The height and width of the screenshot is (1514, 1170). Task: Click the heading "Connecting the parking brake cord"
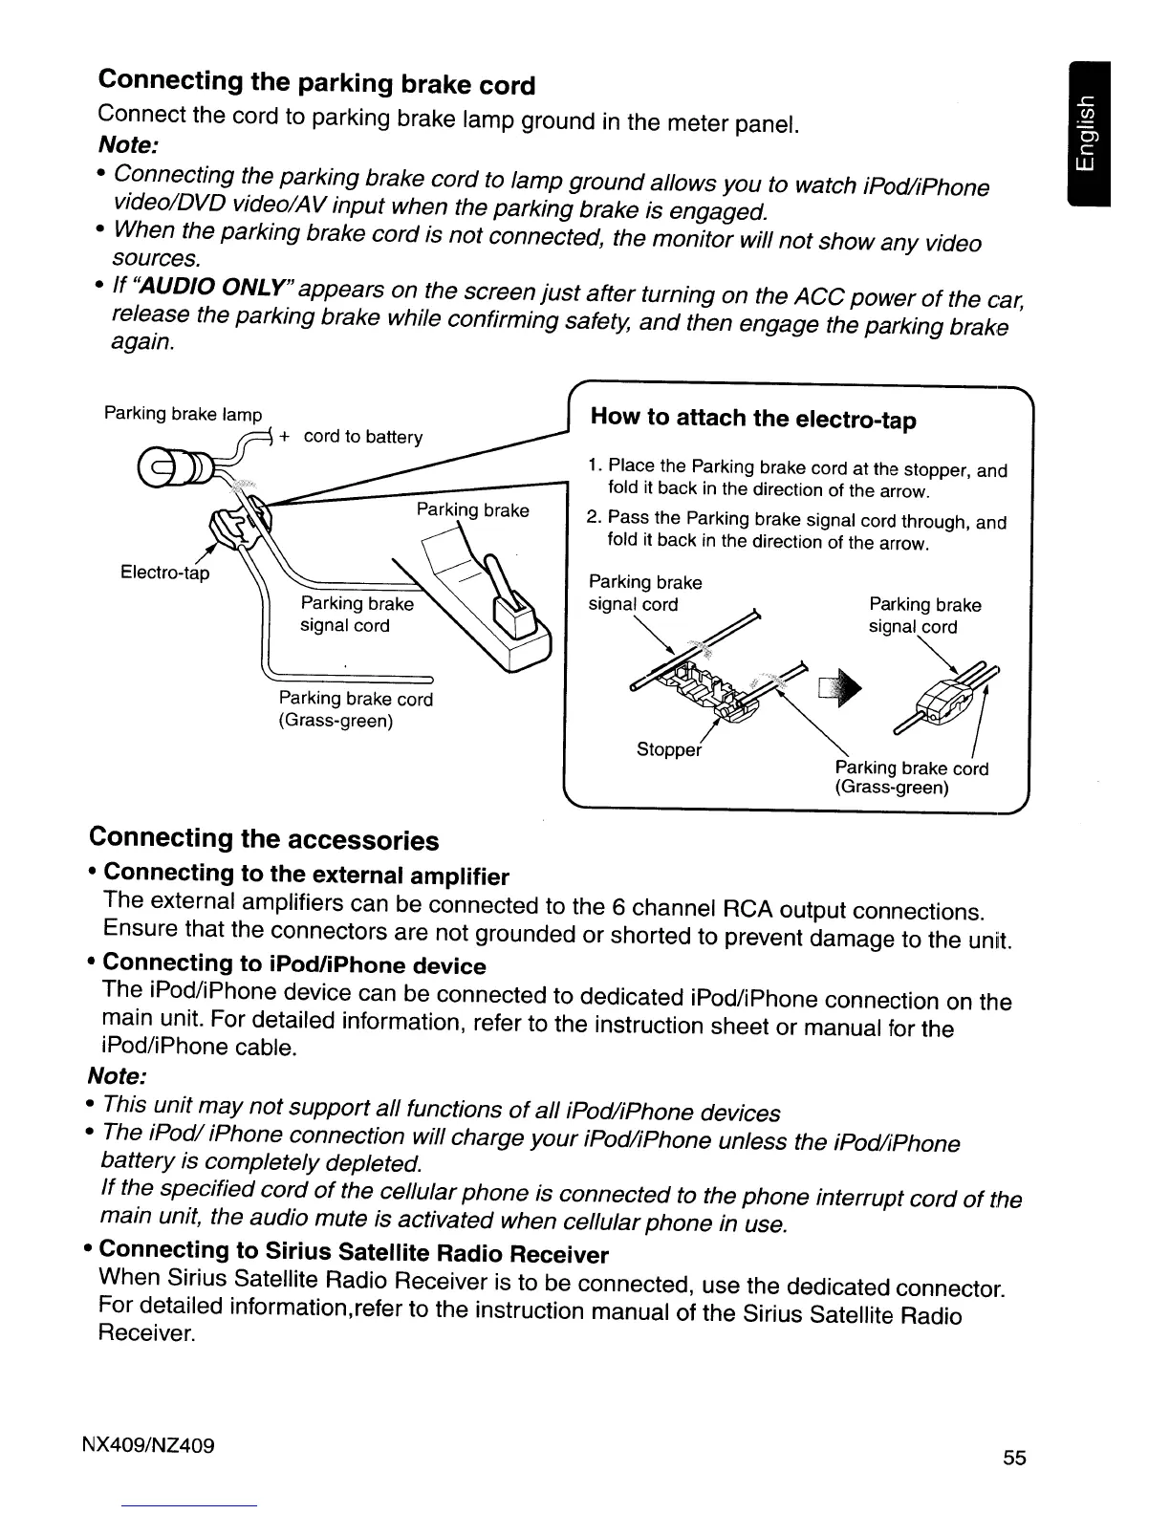(316, 83)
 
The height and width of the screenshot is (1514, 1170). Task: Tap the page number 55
(1014, 1458)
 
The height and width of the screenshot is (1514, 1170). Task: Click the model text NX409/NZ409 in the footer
(157, 1443)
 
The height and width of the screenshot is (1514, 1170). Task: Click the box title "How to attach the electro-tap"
(753, 419)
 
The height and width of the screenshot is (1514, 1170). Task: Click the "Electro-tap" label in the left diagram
(164, 573)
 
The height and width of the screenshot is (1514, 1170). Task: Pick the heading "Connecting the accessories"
(264, 839)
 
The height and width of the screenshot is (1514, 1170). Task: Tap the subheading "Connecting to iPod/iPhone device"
(293, 964)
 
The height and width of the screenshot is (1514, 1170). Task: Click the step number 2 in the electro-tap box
(593, 518)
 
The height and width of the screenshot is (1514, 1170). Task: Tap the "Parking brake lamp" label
(183, 414)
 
